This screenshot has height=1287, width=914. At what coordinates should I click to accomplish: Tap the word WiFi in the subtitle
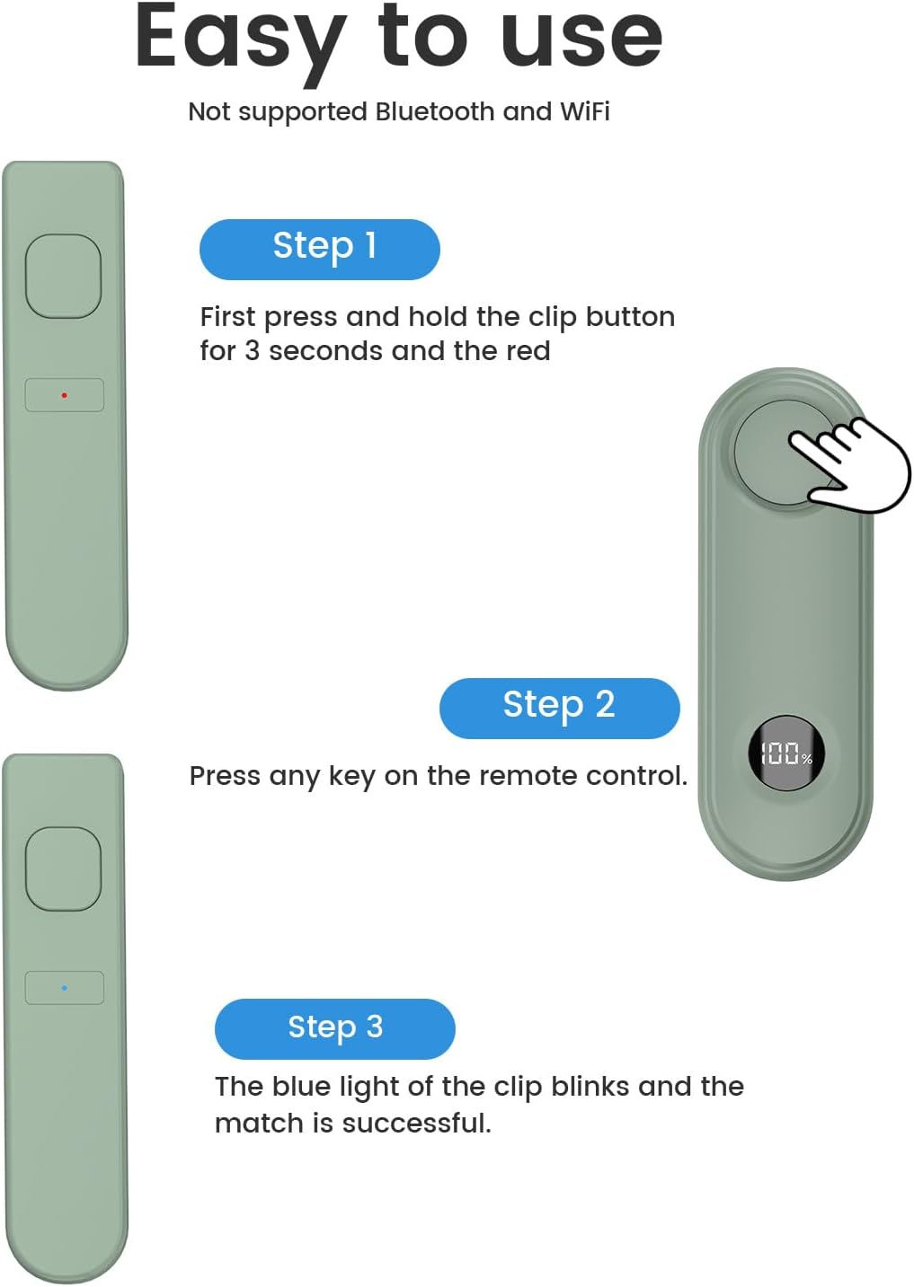584,111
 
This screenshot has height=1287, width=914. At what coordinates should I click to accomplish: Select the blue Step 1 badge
320,249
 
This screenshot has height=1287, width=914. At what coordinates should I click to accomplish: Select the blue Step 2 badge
559,708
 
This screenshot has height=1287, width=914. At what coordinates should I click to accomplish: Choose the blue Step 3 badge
335,1028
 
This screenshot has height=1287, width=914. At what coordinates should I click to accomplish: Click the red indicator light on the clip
64,395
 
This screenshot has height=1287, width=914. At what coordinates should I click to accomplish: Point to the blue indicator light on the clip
64,988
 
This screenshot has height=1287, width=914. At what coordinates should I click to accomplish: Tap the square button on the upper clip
63,276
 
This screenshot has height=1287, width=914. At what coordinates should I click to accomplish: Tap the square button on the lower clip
63,868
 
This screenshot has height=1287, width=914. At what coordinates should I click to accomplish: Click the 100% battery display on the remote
786,754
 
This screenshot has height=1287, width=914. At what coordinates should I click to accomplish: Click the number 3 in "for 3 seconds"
253,351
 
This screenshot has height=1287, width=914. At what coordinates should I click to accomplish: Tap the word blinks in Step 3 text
590,1087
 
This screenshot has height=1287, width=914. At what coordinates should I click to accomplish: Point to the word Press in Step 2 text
225,776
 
